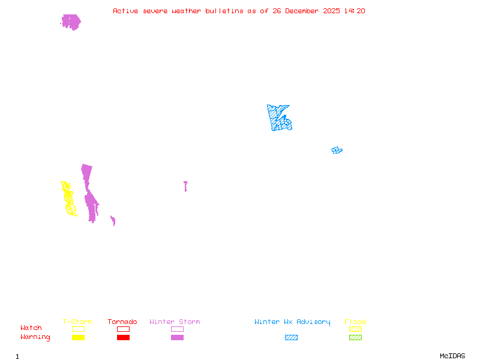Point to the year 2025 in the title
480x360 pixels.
click(332, 11)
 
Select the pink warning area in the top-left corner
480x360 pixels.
click(71, 22)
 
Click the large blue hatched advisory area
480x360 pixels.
click(279, 118)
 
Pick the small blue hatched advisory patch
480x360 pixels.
click(337, 150)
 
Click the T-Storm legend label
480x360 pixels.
click(77, 322)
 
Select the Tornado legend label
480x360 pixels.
click(122, 322)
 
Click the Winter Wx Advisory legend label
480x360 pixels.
click(292, 322)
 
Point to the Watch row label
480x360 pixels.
click(31, 328)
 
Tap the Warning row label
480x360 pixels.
click(35, 337)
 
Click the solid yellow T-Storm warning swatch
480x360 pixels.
click(78, 337)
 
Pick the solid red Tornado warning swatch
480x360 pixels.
click(123, 337)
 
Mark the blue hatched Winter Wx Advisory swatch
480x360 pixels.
click(291, 337)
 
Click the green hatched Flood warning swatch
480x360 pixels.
click(355, 337)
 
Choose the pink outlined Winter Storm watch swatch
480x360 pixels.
click(177, 329)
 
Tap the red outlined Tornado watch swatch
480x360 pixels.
click(123, 329)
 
